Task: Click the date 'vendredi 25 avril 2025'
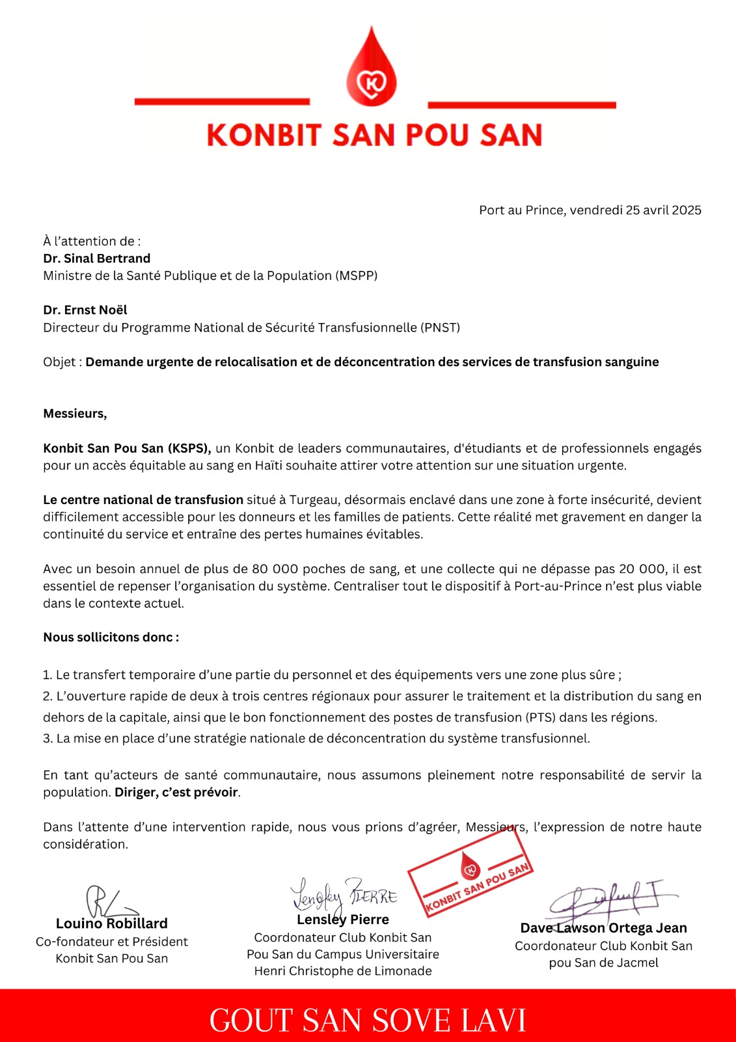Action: click(x=635, y=210)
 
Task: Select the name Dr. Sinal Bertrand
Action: click(x=97, y=259)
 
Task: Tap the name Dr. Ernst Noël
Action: click(x=85, y=310)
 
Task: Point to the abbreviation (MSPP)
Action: click(x=357, y=275)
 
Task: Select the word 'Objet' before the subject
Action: click(x=59, y=362)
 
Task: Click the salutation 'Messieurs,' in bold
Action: click(x=75, y=414)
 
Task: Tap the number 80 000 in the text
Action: click(x=275, y=569)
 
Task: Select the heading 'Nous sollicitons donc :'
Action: click(x=111, y=638)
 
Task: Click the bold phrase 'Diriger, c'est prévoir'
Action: click(x=176, y=793)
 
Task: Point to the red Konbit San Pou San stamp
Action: click(x=470, y=873)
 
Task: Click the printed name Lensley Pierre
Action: click(x=343, y=920)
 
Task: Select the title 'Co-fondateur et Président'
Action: click(x=112, y=942)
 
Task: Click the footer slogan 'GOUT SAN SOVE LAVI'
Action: click(x=368, y=1020)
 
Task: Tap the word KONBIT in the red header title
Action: click(x=264, y=135)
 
